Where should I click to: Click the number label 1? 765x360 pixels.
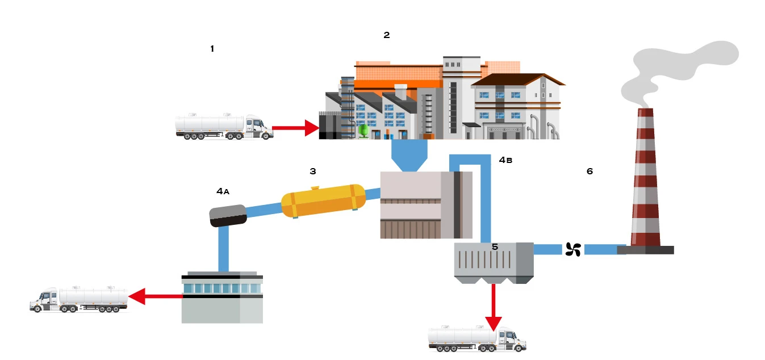212,49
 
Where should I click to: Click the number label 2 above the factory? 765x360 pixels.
387,35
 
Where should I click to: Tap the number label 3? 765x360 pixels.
312,171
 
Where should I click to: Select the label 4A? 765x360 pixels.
223,191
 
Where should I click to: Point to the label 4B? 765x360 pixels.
505,160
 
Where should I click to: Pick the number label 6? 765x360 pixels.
590,171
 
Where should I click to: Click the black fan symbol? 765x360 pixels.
572,249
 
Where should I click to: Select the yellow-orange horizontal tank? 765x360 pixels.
324,200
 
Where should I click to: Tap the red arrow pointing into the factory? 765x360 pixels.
296,128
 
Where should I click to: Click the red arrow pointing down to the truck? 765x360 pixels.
494,307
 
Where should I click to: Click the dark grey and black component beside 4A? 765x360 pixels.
228,216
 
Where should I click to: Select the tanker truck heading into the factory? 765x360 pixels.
224,127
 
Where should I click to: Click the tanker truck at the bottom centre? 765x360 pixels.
476,338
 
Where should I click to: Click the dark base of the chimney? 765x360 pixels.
645,250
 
